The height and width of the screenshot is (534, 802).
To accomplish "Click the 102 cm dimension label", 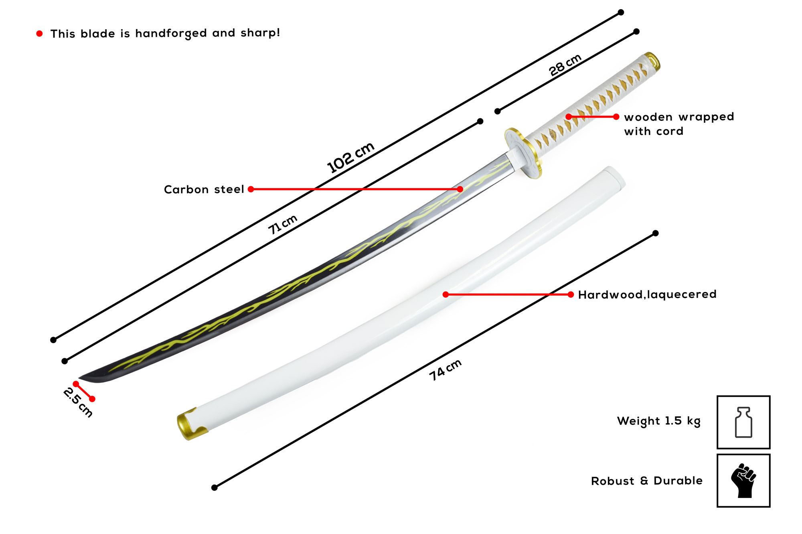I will coord(350,157).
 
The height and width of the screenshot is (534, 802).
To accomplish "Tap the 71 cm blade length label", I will coord(283,224).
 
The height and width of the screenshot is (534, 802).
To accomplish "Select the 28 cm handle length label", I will coord(565,65).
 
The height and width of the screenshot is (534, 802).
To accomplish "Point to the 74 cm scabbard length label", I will coord(445,370).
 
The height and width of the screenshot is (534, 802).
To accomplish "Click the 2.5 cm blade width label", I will coord(78,402).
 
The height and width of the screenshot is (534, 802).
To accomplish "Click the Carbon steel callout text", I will coord(204,189).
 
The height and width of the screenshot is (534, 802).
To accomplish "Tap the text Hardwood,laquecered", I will coord(647,294).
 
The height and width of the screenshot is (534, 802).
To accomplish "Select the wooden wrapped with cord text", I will coord(678,124).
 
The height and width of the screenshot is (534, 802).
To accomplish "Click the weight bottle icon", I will coord(743,422).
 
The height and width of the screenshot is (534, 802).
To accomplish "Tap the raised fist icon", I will coord(743,481).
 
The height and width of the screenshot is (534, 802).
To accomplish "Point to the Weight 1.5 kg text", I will coord(658,421).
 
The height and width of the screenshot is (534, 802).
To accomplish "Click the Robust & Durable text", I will coord(646,481).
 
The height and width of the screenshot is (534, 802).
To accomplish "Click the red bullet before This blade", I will coord(39,34).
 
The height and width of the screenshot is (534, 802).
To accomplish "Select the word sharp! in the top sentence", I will coord(260,32).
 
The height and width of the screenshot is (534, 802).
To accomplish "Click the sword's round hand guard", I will coord(523,153).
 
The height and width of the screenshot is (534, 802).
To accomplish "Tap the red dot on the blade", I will coord(460,189).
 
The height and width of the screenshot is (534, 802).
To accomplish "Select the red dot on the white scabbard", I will coord(446,294).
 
